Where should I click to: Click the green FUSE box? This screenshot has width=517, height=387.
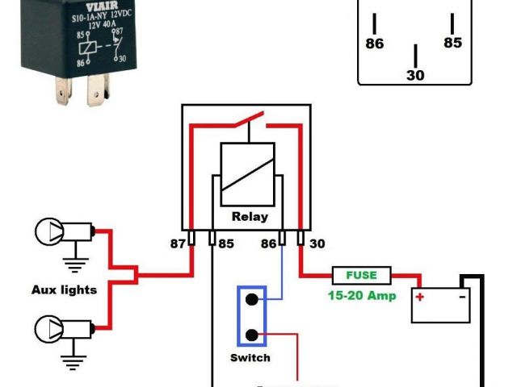[362, 276]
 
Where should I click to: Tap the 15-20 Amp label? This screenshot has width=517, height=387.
[362, 295]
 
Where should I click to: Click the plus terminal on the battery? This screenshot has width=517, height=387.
[420, 296]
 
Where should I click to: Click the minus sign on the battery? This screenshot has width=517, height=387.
[462, 296]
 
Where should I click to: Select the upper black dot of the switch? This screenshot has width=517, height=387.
[252, 300]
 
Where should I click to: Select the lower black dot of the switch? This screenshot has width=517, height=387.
[252, 335]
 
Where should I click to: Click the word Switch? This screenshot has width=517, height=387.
[250, 357]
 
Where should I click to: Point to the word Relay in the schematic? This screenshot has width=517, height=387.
[250, 216]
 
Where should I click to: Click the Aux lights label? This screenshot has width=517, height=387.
[65, 289]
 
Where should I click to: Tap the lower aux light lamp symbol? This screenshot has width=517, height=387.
[50, 329]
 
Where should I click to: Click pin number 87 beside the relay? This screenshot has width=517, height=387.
[178, 243]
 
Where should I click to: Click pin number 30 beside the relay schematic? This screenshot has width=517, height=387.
[317, 243]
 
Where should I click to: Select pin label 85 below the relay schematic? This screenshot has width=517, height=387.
[226, 243]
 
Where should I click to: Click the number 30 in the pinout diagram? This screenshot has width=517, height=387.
[415, 75]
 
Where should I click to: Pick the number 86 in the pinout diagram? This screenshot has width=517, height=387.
[375, 44]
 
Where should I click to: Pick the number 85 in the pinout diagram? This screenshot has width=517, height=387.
[453, 43]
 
